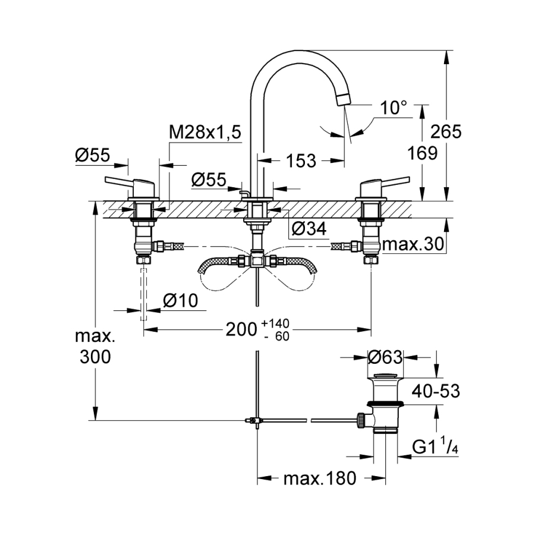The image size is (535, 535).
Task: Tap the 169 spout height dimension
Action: (x=424, y=153)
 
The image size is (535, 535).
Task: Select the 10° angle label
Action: (x=394, y=108)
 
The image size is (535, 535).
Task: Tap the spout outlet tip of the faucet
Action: (x=344, y=99)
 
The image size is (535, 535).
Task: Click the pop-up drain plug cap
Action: (x=385, y=376)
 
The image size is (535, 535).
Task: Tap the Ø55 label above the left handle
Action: (x=93, y=156)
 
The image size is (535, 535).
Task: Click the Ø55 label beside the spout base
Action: (x=209, y=179)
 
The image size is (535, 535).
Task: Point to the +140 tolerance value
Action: (x=274, y=323)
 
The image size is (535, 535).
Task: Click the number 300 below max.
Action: (x=93, y=357)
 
